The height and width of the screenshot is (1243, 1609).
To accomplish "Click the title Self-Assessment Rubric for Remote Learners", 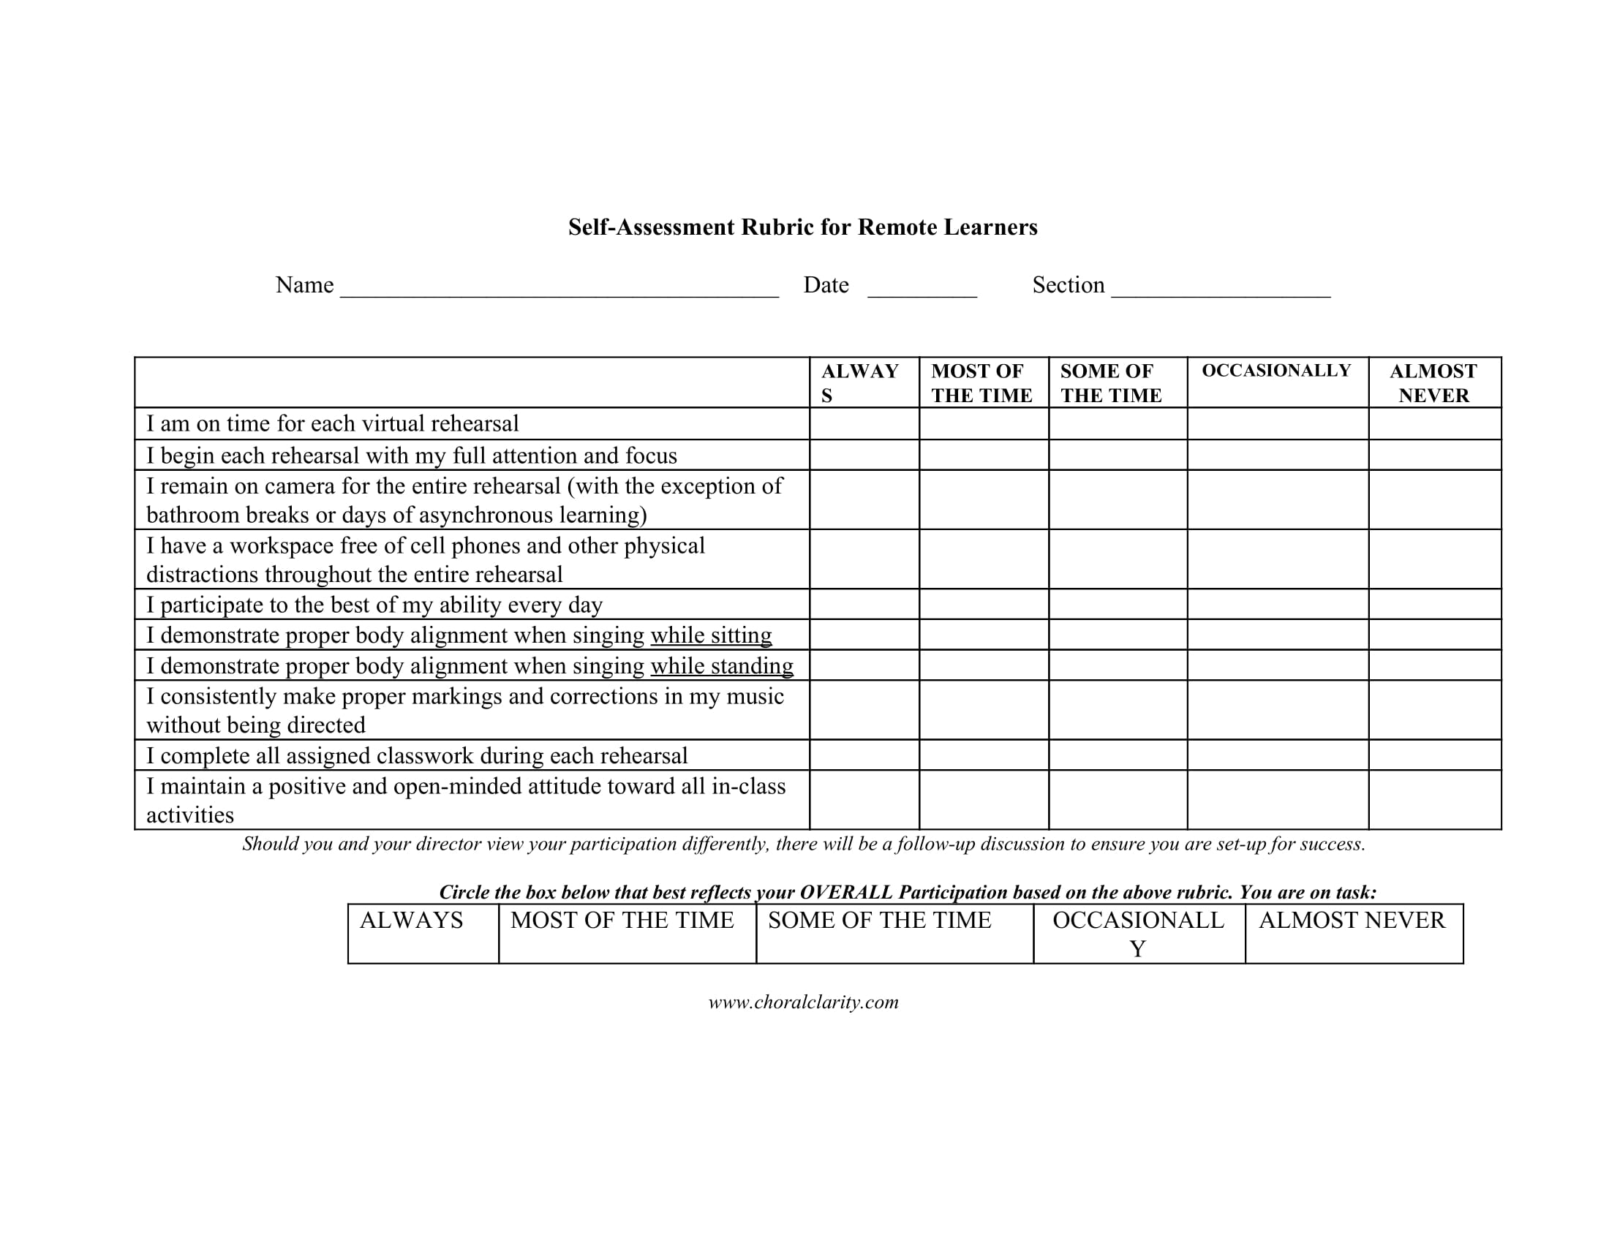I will click(x=802, y=227).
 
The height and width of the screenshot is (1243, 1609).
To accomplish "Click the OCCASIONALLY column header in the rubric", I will click(x=1277, y=371).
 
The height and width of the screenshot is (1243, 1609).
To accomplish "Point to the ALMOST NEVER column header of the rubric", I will click(x=1433, y=383).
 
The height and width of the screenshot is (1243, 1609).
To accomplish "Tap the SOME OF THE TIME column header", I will click(x=1111, y=383).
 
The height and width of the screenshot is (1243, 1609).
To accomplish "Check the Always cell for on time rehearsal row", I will click(x=864, y=423).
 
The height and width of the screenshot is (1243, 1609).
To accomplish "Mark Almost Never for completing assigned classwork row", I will click(x=1434, y=755).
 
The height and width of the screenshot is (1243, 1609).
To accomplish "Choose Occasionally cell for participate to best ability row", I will click(x=1278, y=604).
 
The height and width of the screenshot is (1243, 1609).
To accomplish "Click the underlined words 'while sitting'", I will click(x=711, y=635).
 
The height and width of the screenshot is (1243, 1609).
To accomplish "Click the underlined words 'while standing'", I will click(x=722, y=665).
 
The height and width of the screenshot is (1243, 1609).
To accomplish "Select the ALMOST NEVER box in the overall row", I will click(x=1353, y=933).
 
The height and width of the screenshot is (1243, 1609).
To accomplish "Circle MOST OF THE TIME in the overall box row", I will click(x=627, y=933).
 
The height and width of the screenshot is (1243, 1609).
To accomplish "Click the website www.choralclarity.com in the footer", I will click(x=803, y=1002).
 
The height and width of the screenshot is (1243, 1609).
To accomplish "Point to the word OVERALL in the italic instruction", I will click(x=846, y=893).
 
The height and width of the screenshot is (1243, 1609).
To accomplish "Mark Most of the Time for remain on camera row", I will click(x=984, y=499).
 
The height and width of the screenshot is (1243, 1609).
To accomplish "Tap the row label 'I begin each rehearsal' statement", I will click(x=411, y=455).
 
